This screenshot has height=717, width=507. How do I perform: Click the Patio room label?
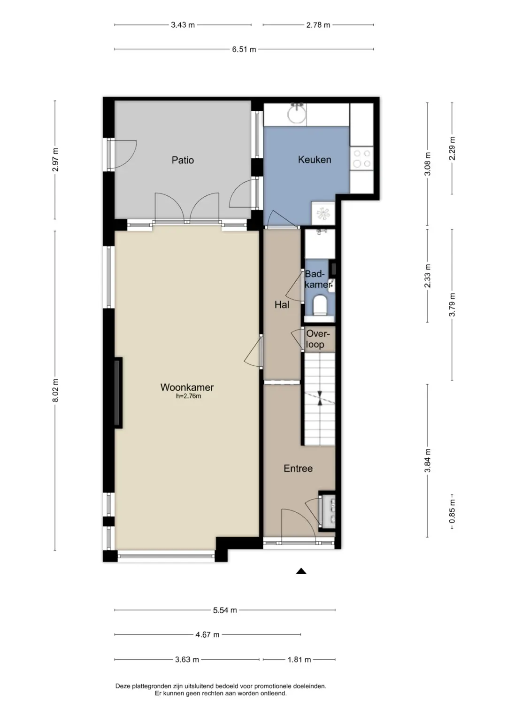(x=183, y=160)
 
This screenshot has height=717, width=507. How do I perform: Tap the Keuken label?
(x=315, y=159)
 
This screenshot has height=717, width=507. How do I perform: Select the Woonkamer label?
(x=187, y=387)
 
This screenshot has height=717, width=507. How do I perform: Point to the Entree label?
(x=298, y=469)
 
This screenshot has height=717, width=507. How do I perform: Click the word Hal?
(x=282, y=305)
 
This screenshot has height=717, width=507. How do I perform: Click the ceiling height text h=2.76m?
(x=189, y=396)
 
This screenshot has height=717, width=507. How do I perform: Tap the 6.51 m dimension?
(x=244, y=49)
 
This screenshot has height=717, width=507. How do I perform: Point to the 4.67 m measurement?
(x=207, y=634)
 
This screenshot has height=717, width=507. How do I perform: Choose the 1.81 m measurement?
(x=299, y=659)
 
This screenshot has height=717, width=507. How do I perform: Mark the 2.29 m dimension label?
(x=452, y=148)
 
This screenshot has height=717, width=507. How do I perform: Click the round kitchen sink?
(x=297, y=114)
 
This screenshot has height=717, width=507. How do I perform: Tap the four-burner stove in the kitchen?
(x=361, y=158)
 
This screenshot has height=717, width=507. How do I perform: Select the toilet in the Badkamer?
(x=319, y=304)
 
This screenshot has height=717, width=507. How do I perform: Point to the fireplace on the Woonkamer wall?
(x=118, y=393)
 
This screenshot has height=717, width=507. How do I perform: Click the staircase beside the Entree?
(x=319, y=399)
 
